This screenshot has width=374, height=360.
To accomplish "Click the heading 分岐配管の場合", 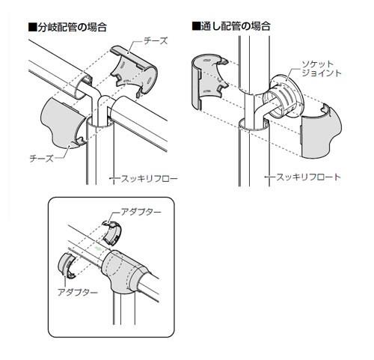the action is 72,27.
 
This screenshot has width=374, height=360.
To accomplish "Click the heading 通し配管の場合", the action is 236,26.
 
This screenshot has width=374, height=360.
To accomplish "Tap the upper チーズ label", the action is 156,41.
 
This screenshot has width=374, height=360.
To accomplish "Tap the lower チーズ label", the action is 41,158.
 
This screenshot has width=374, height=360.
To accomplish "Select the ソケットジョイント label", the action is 322,69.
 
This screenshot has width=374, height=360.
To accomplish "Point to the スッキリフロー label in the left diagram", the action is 149,179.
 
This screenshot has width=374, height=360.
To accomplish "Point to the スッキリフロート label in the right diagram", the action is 308,177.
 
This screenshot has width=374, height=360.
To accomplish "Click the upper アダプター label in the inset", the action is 141,212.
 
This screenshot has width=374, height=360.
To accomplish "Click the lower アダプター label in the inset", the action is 78,292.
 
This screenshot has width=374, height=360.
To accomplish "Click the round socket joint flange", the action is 286,97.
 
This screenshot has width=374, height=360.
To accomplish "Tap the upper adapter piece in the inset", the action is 113,232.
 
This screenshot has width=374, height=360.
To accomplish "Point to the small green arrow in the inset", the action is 97,248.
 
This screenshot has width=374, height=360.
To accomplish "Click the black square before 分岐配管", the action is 32,27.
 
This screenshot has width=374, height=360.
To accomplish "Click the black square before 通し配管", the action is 196,26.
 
